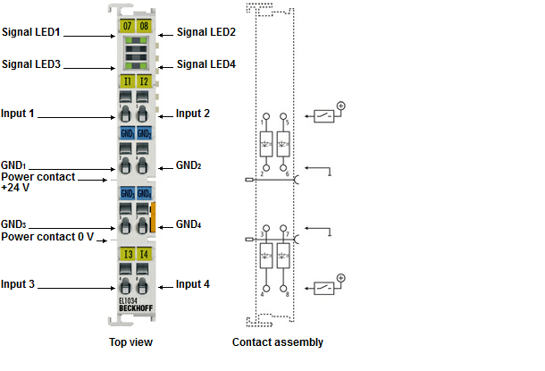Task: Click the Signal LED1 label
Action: pyautogui.click(x=31, y=31)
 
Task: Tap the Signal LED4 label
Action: pyautogui.click(x=206, y=64)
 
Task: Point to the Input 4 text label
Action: pyautogui.click(x=193, y=284)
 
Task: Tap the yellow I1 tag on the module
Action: pyautogui.click(x=126, y=81)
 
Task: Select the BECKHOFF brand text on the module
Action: pyautogui.click(x=135, y=308)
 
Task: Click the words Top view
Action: pyautogui.click(x=130, y=341)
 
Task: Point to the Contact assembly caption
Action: pyautogui.click(x=278, y=341)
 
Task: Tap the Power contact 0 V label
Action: pyautogui.click(x=47, y=236)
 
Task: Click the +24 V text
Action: pyautogui.click(x=16, y=188)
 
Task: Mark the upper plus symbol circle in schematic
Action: pyautogui.click(x=341, y=106)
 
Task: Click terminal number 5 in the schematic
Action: pyautogui.click(x=286, y=120)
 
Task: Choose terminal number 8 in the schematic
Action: pyautogui.click(x=286, y=293)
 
